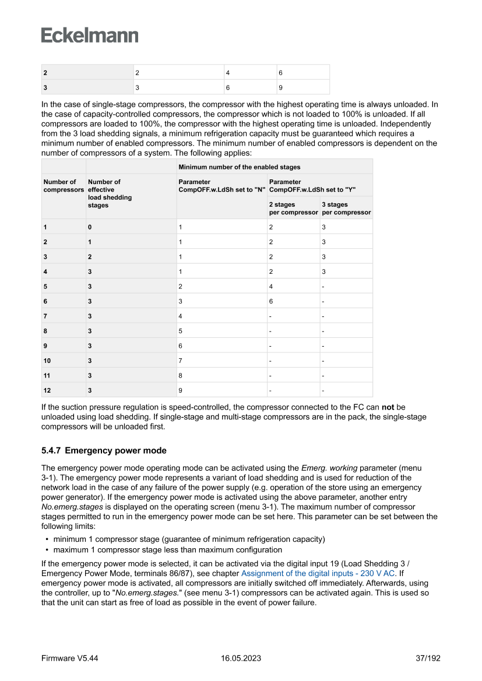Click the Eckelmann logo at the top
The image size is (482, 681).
pos(90,35)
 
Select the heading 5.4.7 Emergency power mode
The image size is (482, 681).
pos(104,451)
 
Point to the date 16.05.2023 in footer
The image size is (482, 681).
pos(241,658)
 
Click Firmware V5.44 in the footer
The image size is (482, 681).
pos(69,658)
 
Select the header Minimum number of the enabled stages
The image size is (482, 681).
pos(239,167)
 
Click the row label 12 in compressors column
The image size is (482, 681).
pos(47,390)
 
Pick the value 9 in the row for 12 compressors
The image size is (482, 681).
pos(181,390)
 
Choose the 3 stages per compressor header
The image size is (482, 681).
pos(346,209)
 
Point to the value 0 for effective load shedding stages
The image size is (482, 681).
pos(90,227)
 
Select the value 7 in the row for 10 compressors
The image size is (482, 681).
pos(181,360)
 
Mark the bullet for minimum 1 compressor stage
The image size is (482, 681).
pos(47,539)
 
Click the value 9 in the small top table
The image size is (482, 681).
pos(280,87)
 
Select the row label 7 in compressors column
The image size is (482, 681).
pos(45,316)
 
